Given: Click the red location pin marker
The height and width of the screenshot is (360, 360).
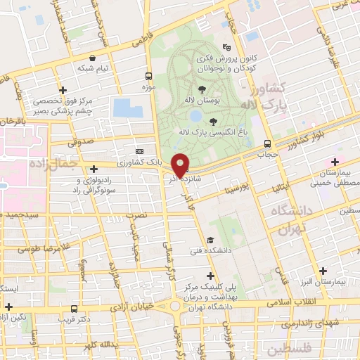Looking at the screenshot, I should (x=181, y=165).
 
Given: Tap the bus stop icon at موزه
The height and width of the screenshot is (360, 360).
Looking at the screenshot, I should (x=148, y=76).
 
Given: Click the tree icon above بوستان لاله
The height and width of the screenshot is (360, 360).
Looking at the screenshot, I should (x=202, y=88).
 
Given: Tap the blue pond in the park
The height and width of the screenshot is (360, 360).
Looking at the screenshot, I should (x=128, y=108).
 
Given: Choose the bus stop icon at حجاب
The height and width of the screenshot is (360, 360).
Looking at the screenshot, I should (x=266, y=143).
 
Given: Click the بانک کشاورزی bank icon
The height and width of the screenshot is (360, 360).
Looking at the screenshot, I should (x=139, y=151).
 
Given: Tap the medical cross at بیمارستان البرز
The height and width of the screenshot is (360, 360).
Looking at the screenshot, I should (x=323, y=270).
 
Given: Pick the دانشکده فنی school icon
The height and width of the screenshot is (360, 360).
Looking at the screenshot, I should (x=210, y=240).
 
